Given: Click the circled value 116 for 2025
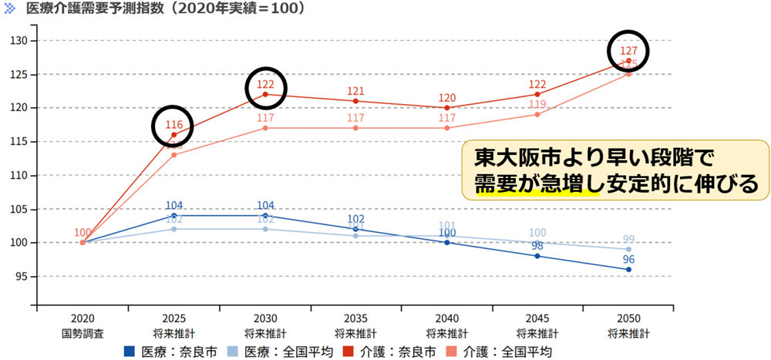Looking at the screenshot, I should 173,125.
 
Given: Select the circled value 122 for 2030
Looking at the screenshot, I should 265,85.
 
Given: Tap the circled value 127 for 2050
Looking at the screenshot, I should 628,51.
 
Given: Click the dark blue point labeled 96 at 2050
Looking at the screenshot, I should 628,269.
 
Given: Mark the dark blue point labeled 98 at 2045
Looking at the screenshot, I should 537,256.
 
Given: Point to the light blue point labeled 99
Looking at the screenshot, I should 628,249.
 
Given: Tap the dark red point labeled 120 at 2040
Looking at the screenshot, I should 446,108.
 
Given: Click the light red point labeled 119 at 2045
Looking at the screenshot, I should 537,114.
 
